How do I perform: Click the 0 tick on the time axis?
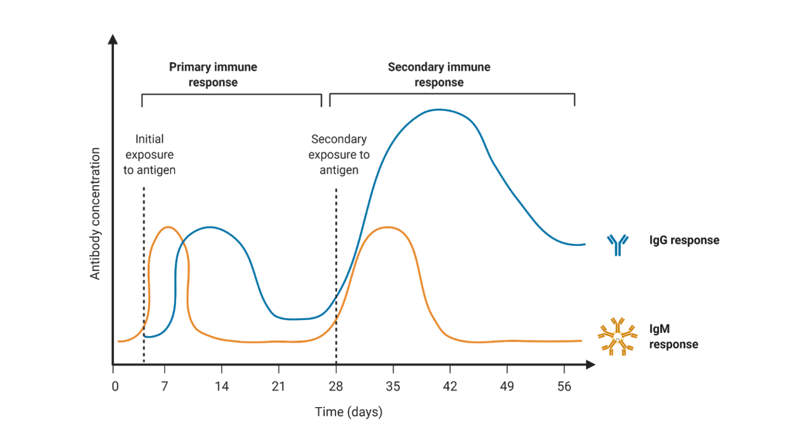pos(115,386)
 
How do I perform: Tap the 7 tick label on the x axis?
pos(164,386)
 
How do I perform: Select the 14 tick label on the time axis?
pos(222,386)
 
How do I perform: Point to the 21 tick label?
pos(278,386)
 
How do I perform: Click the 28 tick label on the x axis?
pos(336,386)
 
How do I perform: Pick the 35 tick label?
pos(393,386)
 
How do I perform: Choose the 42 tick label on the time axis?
pos(450,386)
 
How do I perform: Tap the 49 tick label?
pos(507,386)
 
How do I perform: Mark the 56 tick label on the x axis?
pos(564,386)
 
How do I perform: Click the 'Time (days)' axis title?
pos(348,412)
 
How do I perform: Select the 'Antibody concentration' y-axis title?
pos(95,214)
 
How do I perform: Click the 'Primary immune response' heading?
pos(213,75)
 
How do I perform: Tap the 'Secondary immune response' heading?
pos(439,75)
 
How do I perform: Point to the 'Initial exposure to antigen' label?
pos(149,155)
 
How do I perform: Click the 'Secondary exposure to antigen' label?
pos(339,155)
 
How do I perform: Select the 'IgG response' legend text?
pos(684,241)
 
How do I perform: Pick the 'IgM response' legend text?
pos(673,337)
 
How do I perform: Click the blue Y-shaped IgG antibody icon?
pos(618,244)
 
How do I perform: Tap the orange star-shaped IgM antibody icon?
pos(617,337)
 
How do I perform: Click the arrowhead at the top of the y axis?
pos(112,39)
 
